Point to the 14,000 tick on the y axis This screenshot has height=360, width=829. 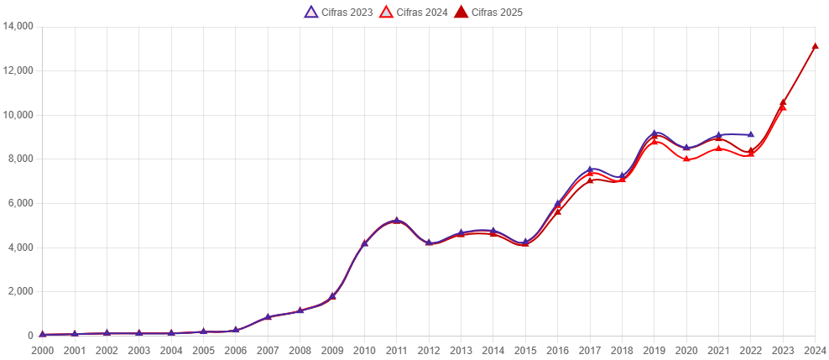point(18,26)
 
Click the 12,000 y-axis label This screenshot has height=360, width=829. point(18,70)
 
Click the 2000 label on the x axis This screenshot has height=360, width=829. point(42,350)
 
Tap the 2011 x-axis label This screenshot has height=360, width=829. point(397,350)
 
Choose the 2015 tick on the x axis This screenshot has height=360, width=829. point(525,350)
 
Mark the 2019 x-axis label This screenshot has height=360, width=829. point(654,350)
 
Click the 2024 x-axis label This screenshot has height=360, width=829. point(815,350)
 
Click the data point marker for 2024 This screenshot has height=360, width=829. point(815,47)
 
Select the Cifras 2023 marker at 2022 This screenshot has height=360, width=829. point(751,134)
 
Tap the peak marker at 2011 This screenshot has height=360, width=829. point(397,220)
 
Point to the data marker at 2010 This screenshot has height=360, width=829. point(365,243)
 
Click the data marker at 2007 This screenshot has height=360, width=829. point(269,316)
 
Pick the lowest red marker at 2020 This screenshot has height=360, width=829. point(686,159)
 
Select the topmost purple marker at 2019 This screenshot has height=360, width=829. point(654,133)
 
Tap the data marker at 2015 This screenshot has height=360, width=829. point(525,243)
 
